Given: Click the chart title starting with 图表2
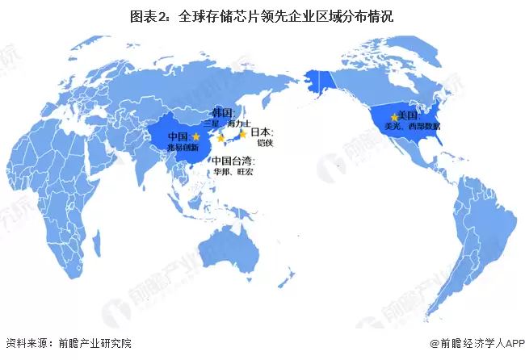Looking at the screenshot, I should (262, 15).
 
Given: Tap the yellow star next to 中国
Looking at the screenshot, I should (195, 138).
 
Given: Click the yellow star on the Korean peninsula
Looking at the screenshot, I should (221, 138).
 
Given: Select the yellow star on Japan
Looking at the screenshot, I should (241, 135).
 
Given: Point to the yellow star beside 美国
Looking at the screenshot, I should (393, 118).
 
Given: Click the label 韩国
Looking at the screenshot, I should (222, 113).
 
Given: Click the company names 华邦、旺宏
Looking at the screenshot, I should (233, 171).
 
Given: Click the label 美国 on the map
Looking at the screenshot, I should (410, 116).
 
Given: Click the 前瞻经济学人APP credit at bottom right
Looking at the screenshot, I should (477, 344).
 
